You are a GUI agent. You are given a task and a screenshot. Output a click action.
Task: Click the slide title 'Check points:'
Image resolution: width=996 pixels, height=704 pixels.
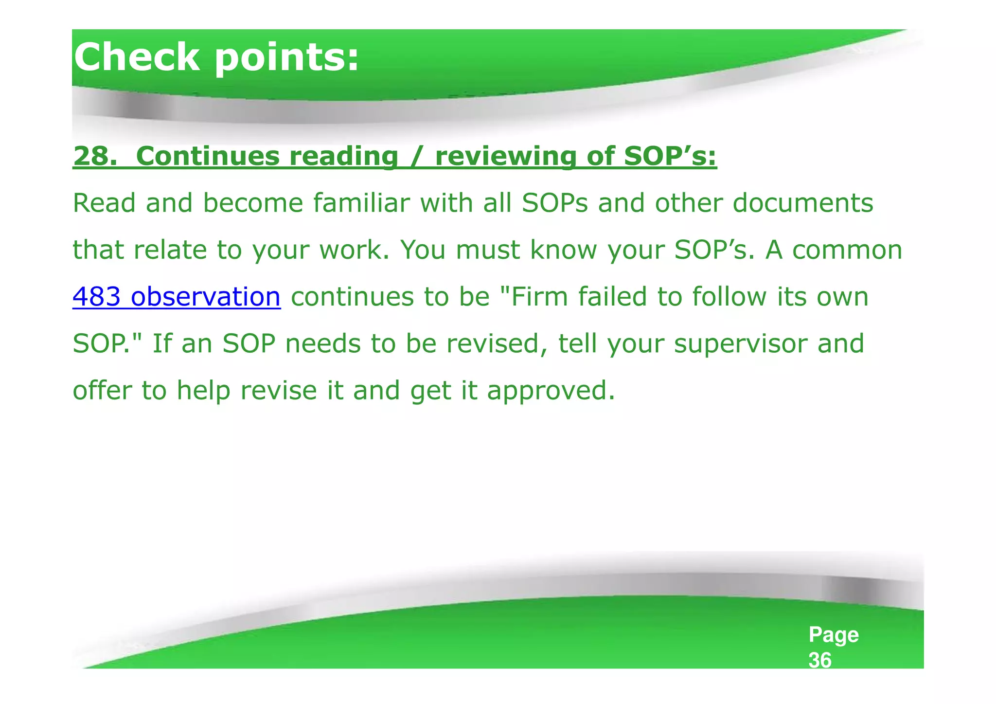(216, 57)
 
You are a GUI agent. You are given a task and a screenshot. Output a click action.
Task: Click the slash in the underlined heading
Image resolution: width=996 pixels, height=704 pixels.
(416, 157)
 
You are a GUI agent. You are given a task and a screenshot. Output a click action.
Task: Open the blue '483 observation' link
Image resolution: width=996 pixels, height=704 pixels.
(177, 296)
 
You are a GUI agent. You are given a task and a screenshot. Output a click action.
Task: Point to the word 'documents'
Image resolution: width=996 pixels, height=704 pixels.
(802, 203)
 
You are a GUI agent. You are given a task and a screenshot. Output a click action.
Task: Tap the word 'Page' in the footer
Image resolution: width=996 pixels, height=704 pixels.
(833, 635)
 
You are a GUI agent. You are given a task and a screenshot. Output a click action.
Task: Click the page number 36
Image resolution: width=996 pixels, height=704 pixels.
(820, 660)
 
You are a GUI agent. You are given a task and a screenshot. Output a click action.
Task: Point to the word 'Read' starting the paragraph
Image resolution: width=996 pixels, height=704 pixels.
(104, 203)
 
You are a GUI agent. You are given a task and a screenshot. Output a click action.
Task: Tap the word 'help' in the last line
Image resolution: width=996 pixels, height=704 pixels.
(203, 391)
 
